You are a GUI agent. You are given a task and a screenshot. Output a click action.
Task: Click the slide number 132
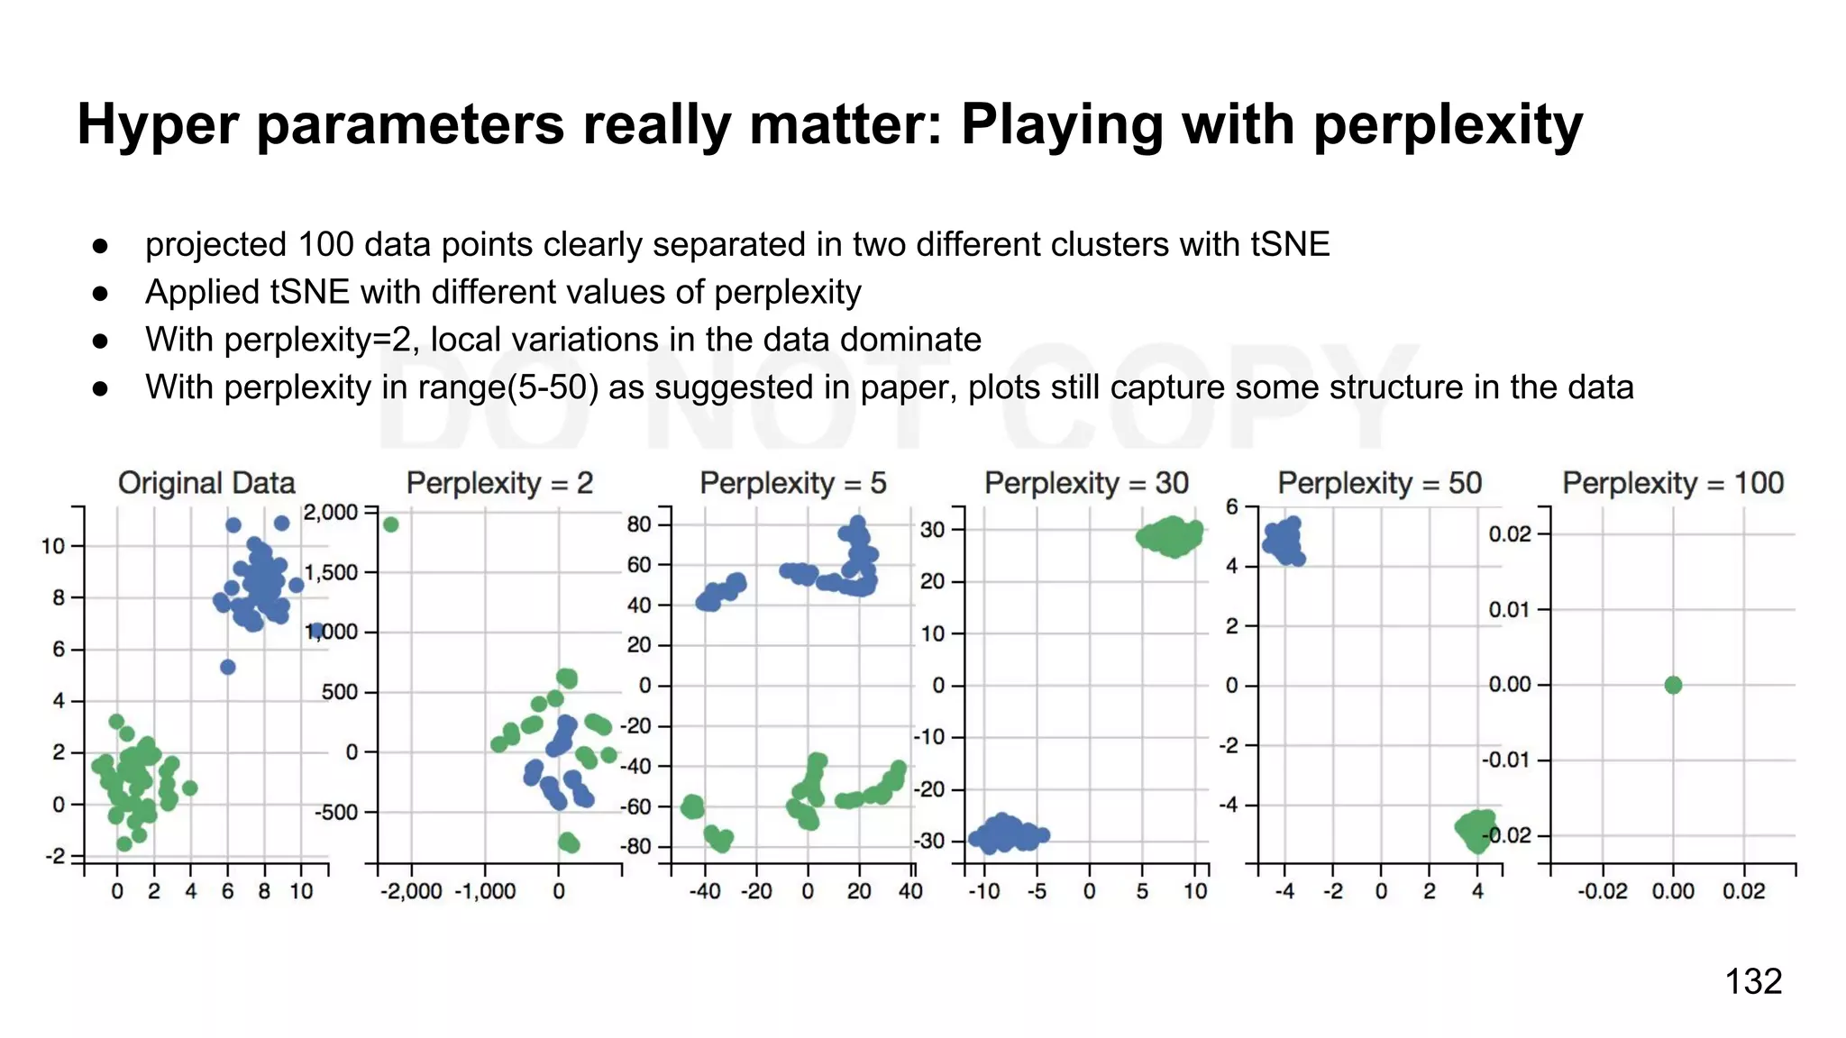point(1752,981)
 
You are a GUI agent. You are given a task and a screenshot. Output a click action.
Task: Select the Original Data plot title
point(206,483)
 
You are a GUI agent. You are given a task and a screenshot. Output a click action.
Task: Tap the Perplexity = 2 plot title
point(499,483)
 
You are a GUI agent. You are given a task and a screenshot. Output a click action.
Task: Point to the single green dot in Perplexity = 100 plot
point(1673,685)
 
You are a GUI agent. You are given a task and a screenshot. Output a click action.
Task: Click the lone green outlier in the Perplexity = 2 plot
point(390,524)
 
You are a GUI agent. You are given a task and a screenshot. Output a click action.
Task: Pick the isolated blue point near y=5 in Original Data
point(228,667)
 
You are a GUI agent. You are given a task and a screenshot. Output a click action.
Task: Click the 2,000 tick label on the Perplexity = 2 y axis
point(331,513)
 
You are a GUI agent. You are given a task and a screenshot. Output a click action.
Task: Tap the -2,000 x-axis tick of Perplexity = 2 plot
point(411,891)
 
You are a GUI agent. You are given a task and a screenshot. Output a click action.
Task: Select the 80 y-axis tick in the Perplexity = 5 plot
point(638,524)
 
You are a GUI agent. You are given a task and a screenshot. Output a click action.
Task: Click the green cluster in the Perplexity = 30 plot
point(1171,537)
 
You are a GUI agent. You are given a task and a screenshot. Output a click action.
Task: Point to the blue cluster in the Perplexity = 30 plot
point(1006,833)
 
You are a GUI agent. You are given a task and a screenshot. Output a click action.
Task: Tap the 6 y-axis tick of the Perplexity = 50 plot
point(1231,506)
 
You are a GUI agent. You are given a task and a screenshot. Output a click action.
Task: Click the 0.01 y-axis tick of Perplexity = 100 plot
point(1509,610)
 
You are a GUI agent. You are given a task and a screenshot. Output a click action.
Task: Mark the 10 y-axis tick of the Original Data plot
point(53,546)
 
